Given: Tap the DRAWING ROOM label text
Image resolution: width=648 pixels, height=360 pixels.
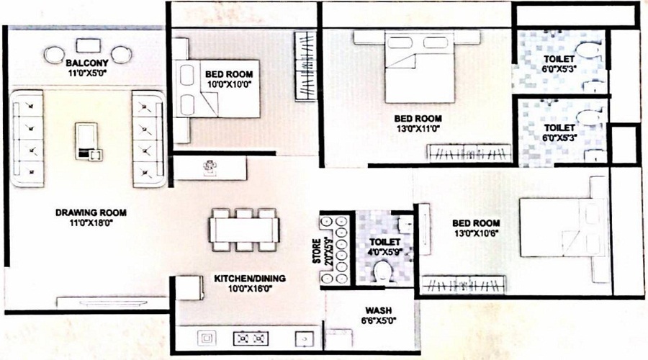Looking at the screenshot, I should [x=91, y=212].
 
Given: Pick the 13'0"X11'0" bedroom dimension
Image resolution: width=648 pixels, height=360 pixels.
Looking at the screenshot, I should [x=418, y=130].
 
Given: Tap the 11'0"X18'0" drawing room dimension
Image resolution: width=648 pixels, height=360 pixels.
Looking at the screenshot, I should [x=91, y=224].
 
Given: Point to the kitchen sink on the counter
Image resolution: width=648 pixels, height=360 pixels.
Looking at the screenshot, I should [x=207, y=336].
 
